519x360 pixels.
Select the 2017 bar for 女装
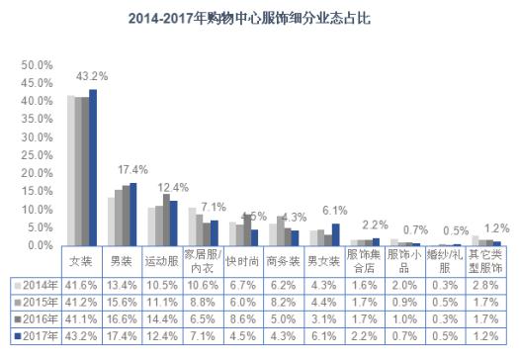click(x=93, y=167)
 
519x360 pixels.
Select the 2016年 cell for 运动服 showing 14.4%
click(x=164, y=320)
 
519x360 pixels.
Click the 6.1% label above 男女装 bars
click(x=335, y=210)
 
